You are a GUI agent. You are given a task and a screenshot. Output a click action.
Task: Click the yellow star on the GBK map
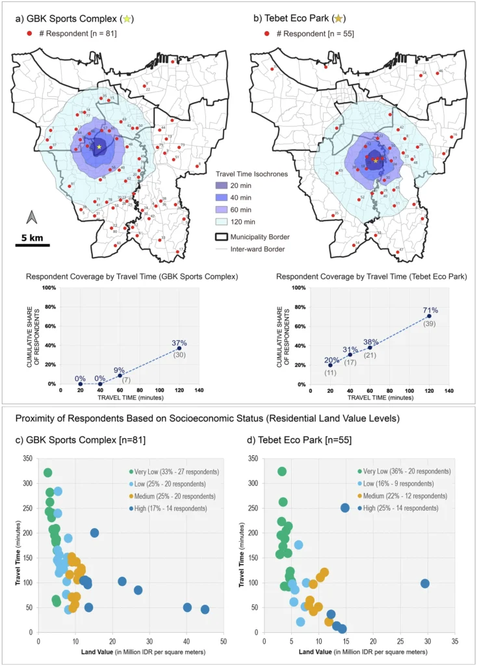(99, 147)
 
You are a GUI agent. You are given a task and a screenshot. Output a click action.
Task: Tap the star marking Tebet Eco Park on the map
(375, 160)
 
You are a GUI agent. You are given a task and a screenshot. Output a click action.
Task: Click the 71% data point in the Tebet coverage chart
(429, 316)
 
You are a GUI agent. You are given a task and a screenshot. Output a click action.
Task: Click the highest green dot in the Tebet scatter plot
(281, 472)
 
